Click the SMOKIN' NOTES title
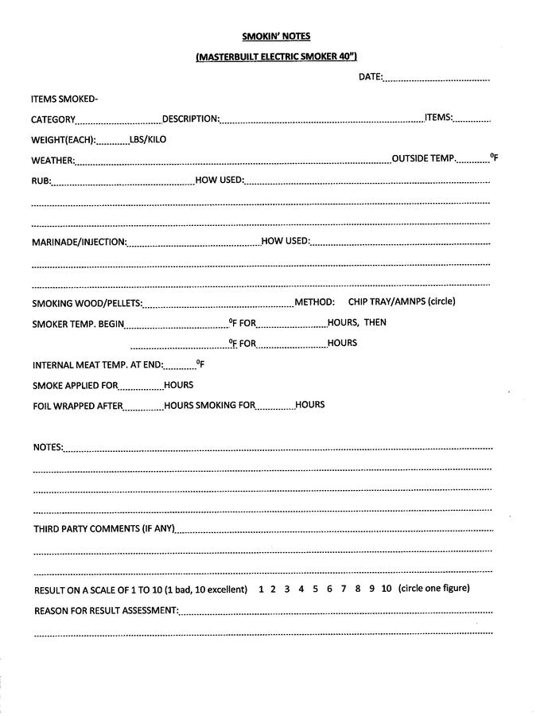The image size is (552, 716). click(276, 36)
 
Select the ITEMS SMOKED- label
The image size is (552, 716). click(64, 99)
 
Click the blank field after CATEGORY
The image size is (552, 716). click(119, 121)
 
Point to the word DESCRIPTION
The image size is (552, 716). click(190, 119)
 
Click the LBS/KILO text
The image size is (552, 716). click(148, 139)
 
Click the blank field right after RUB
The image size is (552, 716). click(122, 182)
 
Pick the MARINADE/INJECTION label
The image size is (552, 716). click(79, 242)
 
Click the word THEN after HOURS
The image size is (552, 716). click(375, 323)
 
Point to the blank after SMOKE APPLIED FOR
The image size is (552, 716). click(141, 387)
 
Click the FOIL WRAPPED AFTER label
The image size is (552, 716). click(77, 406)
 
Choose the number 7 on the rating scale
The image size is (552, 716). click(343, 590)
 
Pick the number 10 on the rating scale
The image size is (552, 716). click(387, 590)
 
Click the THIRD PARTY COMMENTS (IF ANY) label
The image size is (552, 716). click(103, 529)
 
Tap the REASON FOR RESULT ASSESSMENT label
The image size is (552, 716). click(106, 611)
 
